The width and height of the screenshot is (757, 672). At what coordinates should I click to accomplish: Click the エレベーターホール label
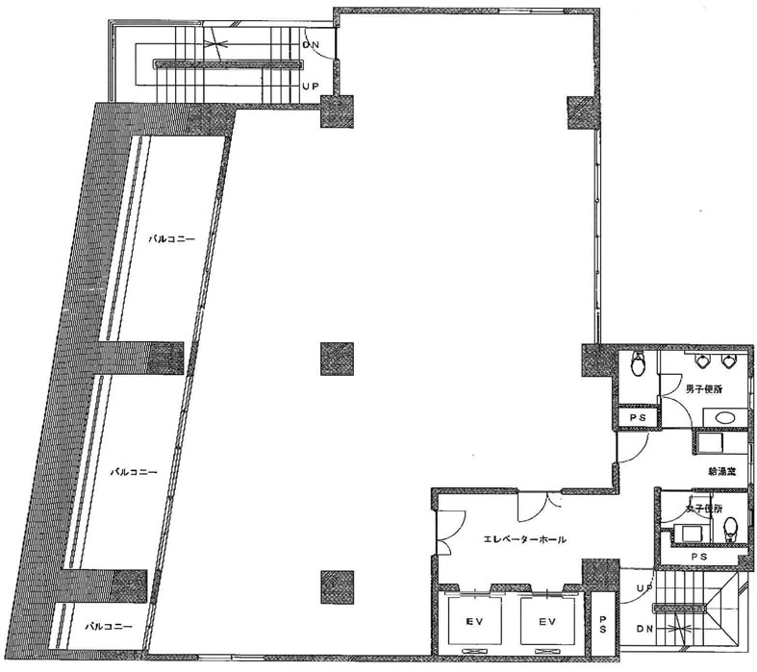(x=525, y=540)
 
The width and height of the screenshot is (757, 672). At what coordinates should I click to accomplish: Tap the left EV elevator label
(x=475, y=621)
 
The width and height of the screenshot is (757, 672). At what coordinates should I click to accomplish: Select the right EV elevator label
(x=547, y=621)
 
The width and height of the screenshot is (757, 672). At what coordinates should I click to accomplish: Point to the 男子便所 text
(x=703, y=389)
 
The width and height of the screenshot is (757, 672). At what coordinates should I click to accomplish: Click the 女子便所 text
(x=704, y=509)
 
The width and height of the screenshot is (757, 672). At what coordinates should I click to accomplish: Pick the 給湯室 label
(x=721, y=472)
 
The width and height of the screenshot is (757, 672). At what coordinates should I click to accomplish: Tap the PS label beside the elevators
(x=603, y=624)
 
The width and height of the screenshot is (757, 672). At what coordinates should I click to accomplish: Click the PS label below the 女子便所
(x=699, y=557)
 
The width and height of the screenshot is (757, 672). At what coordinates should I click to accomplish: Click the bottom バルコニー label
(x=109, y=627)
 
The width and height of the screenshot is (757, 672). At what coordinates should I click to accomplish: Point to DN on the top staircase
(x=311, y=45)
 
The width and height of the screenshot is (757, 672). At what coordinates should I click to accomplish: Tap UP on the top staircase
(x=311, y=87)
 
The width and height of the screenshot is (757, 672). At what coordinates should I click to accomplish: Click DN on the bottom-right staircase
(x=645, y=629)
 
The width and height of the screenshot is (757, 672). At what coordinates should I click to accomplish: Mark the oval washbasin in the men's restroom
(x=724, y=417)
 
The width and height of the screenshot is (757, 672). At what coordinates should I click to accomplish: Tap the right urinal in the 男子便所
(x=728, y=360)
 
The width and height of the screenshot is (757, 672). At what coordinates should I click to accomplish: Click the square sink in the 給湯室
(x=710, y=442)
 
